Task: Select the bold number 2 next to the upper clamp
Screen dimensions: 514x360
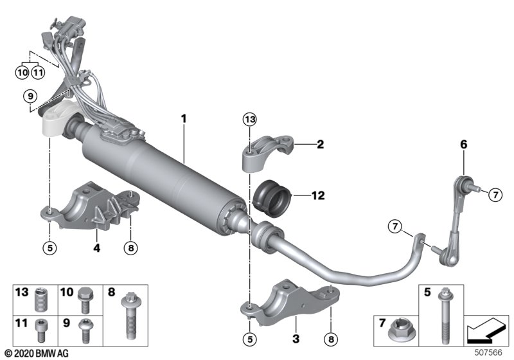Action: [x=301, y=145]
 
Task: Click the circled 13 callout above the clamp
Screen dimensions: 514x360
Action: [x=249, y=119]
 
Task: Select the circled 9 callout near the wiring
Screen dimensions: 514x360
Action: [x=28, y=96]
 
